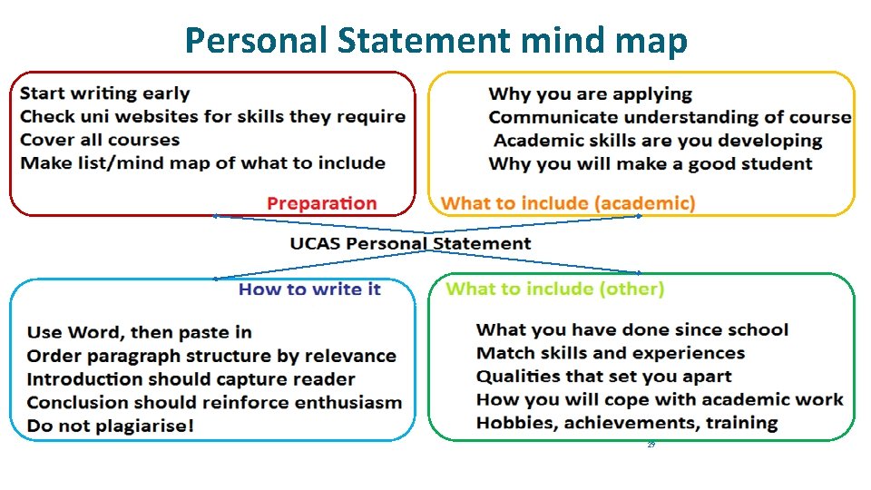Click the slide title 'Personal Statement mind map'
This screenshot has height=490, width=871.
click(435, 41)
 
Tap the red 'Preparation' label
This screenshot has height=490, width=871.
click(321, 203)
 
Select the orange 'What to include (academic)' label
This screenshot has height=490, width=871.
click(568, 203)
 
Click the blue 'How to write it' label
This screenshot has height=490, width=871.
click(309, 289)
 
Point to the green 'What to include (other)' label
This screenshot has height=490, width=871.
click(555, 289)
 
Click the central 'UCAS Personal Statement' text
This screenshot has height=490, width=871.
click(410, 243)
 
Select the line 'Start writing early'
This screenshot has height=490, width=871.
click(104, 93)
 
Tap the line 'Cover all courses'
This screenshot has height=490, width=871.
click(100, 140)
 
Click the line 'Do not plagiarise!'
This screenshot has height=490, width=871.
click(110, 426)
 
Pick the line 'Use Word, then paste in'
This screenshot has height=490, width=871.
click(139, 332)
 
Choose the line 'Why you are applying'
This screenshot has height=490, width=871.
click(590, 93)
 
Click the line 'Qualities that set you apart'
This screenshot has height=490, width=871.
click(603, 377)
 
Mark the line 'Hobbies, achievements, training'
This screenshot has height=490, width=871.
click(627, 423)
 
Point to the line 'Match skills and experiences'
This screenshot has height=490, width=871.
click(611, 353)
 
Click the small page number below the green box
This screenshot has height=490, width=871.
click(651, 446)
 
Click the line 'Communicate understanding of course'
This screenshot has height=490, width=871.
click(670, 117)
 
